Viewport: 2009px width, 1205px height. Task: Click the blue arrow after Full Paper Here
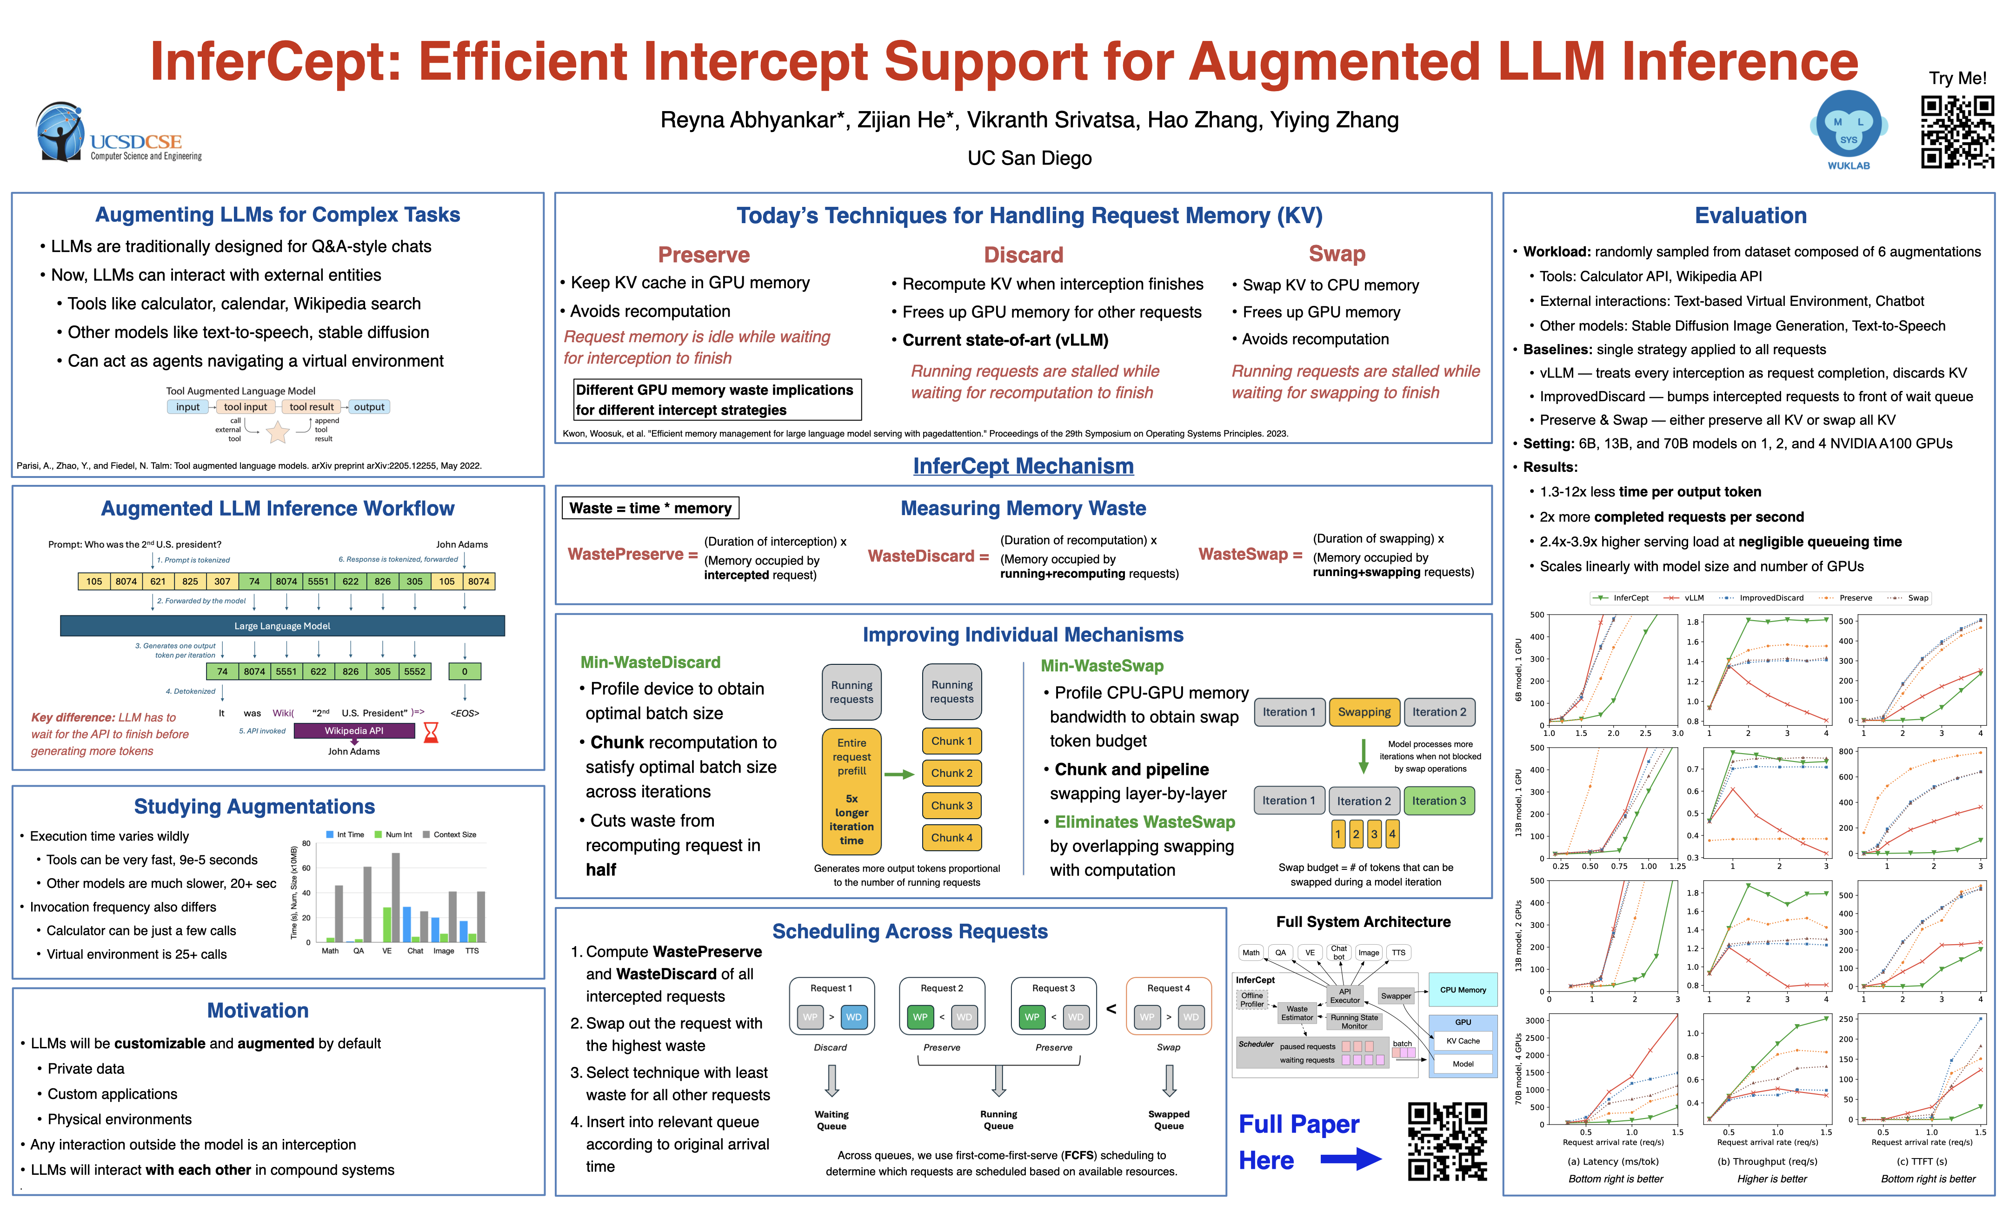1350,1159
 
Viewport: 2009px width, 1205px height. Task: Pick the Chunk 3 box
951,806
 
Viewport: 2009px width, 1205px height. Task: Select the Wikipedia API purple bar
354,731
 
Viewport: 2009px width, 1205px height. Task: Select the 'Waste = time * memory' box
650,508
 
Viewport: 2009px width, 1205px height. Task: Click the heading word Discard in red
1023,255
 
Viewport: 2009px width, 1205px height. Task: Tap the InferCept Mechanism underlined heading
1023,466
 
